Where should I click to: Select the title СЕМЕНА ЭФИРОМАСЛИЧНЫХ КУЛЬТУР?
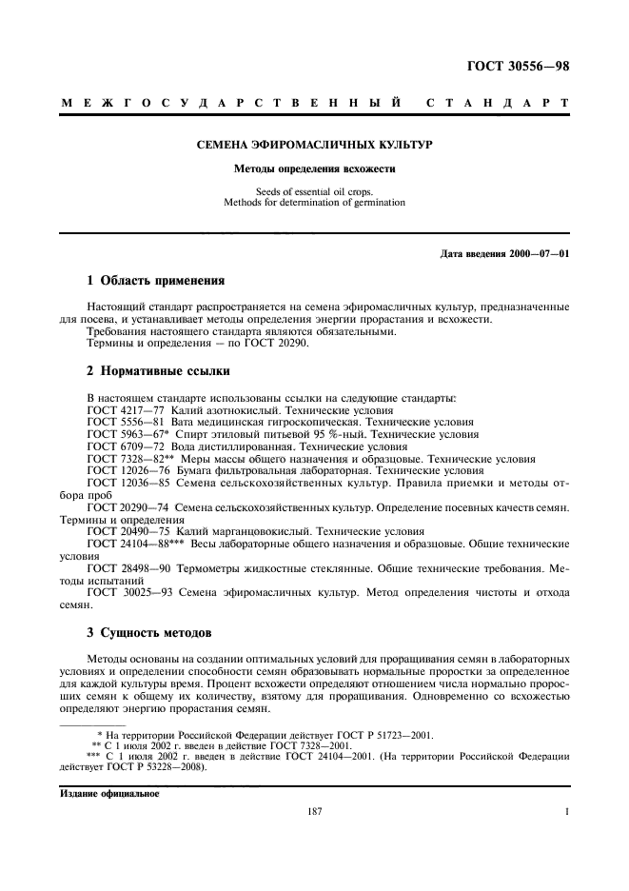click(314, 145)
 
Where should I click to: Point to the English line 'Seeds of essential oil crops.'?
click(314, 191)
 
